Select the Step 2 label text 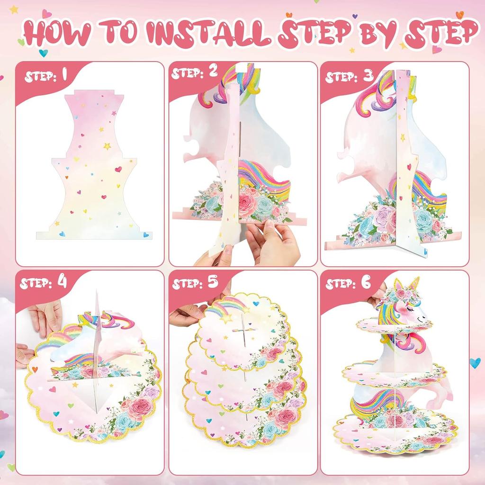pos(194,73)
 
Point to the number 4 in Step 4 pos(62,282)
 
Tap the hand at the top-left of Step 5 pos(187,315)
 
